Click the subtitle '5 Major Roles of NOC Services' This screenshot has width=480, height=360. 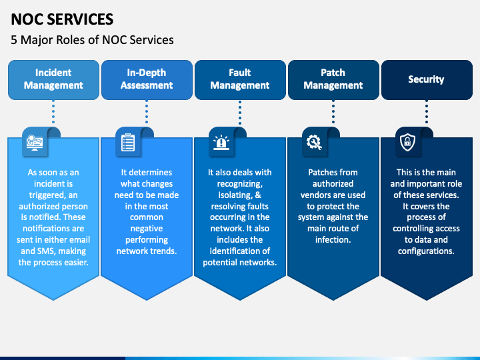tap(92, 40)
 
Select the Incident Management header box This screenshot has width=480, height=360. tap(53, 79)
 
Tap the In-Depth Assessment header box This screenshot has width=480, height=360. tap(147, 79)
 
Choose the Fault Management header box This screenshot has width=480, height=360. tap(240, 79)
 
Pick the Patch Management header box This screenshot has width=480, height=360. tap(333, 79)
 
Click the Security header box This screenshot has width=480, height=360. tap(426, 79)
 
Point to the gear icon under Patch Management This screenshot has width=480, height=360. tap(313, 141)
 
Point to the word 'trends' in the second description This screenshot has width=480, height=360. tap(163, 251)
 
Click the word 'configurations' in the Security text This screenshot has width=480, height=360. tap(426, 251)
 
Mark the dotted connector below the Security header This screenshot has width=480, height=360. tap(426, 113)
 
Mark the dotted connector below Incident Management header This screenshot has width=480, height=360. tap(53, 113)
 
